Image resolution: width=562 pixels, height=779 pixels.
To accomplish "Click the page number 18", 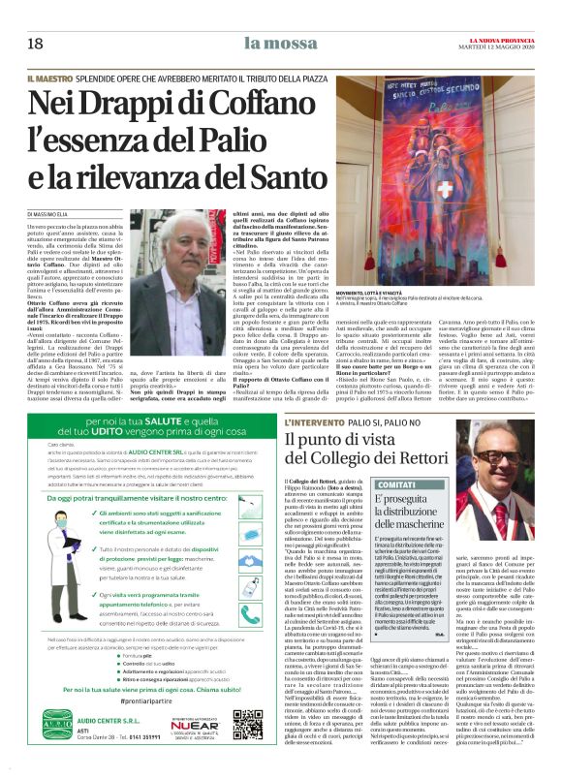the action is click(x=36, y=44).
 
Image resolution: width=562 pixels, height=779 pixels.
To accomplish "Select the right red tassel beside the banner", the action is click(x=538, y=202).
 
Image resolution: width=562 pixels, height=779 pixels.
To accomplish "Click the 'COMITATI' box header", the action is click(x=401, y=484).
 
